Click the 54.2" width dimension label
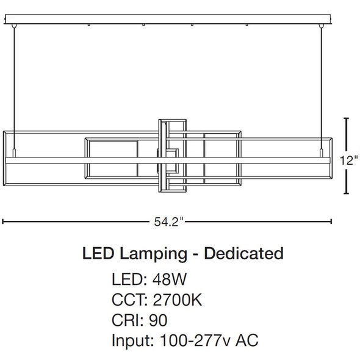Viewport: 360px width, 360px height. pos(170,221)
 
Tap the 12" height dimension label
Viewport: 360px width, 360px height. pos(349,160)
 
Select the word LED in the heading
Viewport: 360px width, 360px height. pos(98,253)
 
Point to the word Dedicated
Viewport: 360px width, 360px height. pos(243,253)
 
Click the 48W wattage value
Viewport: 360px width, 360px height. pos(170,279)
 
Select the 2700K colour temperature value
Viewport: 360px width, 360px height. pos(178,300)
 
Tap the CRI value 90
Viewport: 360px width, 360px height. pos(158,320)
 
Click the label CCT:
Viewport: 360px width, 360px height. pos(129,300)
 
